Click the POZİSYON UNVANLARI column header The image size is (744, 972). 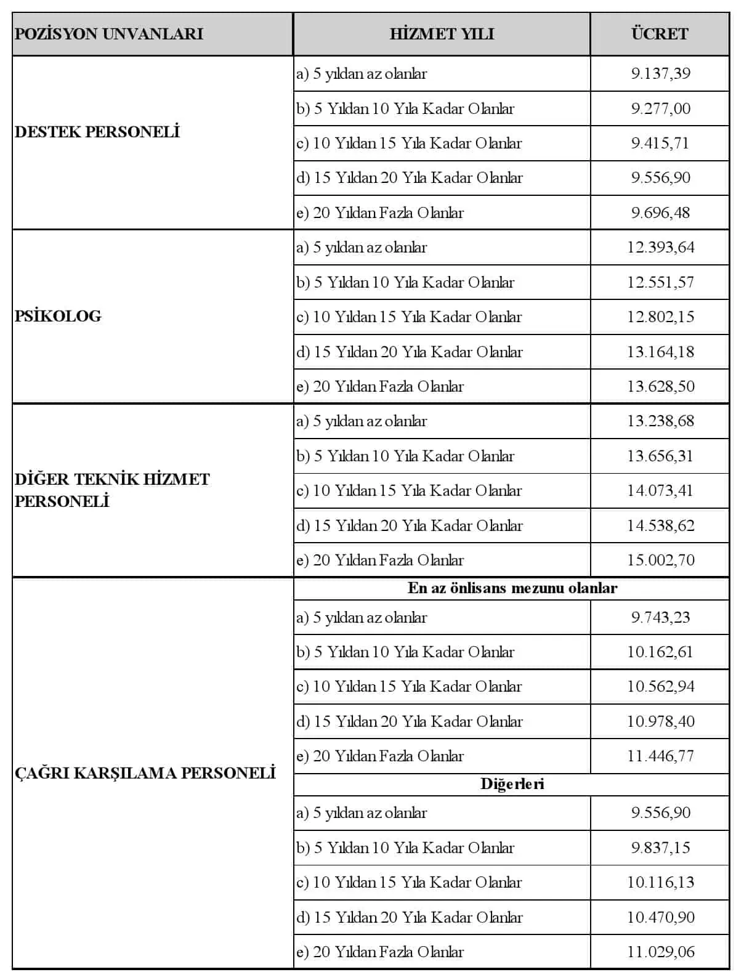pos(109,34)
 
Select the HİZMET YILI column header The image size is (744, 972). pos(442,34)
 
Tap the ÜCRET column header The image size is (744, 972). pos(660,34)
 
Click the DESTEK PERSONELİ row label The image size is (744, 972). pos(97,132)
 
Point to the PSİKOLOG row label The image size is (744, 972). pos(58,317)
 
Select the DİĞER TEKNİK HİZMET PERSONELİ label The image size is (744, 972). pos(112,490)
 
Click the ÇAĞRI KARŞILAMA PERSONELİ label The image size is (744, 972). pos(145,773)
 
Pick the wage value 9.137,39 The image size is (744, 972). pos(660,74)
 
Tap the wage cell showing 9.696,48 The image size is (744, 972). pos(660,213)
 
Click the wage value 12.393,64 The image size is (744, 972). pos(660,248)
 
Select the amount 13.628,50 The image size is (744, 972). pos(660,387)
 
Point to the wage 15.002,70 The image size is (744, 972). pos(660,561)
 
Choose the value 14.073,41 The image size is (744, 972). pos(660,491)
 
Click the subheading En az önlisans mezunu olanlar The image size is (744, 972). pos(512,588)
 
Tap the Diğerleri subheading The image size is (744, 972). pos(512,784)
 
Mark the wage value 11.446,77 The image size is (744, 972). pos(660,756)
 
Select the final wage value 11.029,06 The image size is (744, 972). pos(660,952)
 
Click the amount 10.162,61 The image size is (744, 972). pos(660,652)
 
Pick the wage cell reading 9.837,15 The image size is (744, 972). pos(660,848)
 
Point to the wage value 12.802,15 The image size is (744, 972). pos(660,317)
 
